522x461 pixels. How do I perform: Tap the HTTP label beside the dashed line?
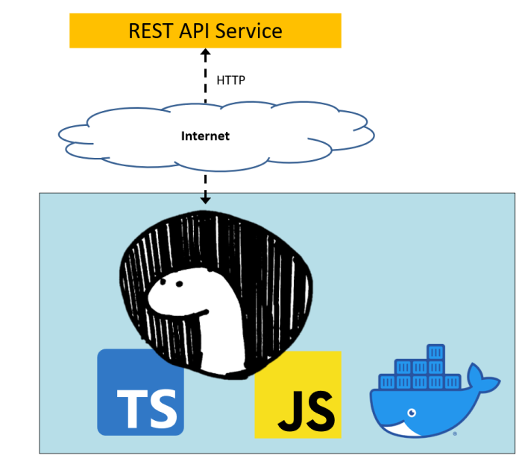click(x=230, y=79)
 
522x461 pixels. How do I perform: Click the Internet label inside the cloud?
click(x=205, y=136)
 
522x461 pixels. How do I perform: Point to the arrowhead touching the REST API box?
click(x=206, y=53)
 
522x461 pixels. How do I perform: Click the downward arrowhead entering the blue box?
click(x=206, y=199)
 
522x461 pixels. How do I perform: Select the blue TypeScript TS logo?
click(x=140, y=392)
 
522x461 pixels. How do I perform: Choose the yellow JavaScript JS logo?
click(x=297, y=394)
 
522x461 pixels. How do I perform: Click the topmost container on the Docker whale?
click(x=435, y=351)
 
